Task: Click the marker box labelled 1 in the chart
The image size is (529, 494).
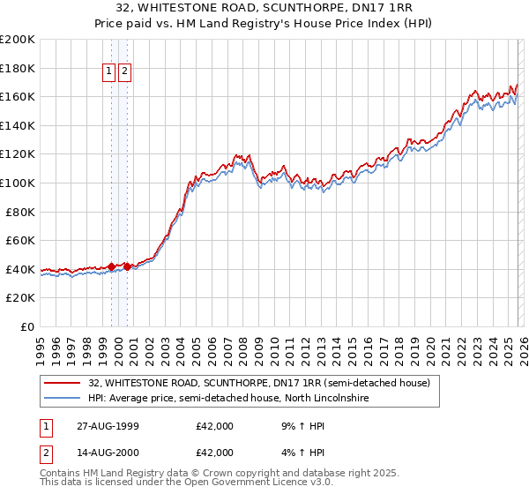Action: pos(109,72)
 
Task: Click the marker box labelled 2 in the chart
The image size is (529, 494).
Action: pos(124,72)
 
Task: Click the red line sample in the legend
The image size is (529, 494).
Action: pos(62,383)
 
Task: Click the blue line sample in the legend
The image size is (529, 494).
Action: pos(62,399)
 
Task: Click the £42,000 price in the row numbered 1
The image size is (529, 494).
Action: pos(214,426)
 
